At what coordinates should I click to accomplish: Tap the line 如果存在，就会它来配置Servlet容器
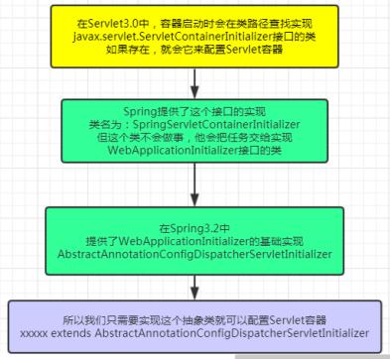195,50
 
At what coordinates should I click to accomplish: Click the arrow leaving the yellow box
195,83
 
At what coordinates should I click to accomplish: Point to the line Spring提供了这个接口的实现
195,112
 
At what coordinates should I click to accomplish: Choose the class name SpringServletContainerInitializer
216,125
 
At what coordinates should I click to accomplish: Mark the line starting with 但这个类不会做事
195,137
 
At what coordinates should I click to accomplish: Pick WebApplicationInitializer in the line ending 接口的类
173,150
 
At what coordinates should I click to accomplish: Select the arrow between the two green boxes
195,184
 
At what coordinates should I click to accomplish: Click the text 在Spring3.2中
195,228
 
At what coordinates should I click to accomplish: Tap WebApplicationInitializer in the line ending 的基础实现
184,241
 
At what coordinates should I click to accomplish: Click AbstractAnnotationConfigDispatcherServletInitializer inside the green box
195,254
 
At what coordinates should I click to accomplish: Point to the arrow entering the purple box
195,288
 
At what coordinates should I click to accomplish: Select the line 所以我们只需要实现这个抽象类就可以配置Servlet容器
195,320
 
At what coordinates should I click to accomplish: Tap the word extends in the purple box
70,333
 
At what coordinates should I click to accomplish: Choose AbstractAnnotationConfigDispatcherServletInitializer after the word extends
232,333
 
